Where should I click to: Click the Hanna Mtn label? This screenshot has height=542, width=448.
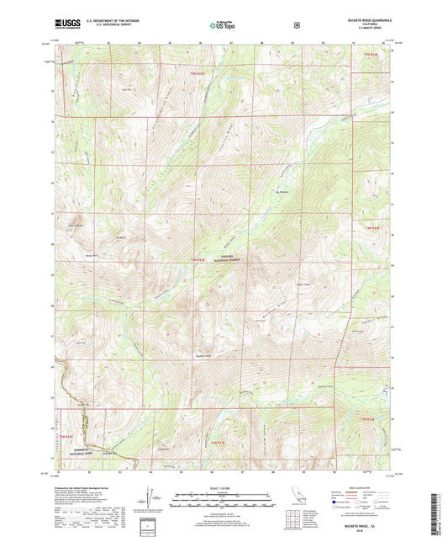[x=91, y=254]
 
